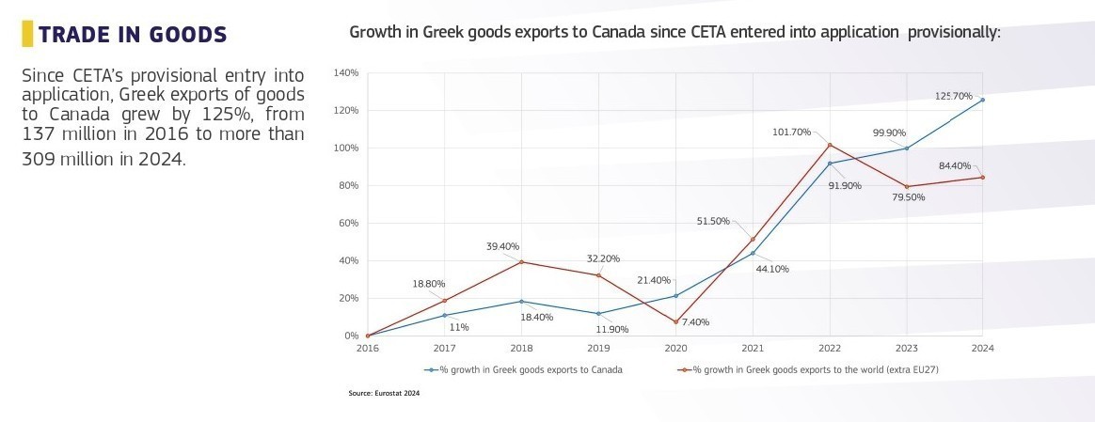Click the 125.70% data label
click(x=954, y=96)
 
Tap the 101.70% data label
click(x=791, y=132)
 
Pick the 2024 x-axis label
click(x=982, y=348)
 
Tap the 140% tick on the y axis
click(x=346, y=73)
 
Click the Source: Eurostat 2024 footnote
click(x=384, y=394)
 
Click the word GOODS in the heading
click(x=185, y=36)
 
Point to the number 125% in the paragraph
click(x=205, y=115)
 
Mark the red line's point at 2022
click(x=830, y=145)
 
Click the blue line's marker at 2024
click(x=982, y=100)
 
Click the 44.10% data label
click(x=771, y=269)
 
